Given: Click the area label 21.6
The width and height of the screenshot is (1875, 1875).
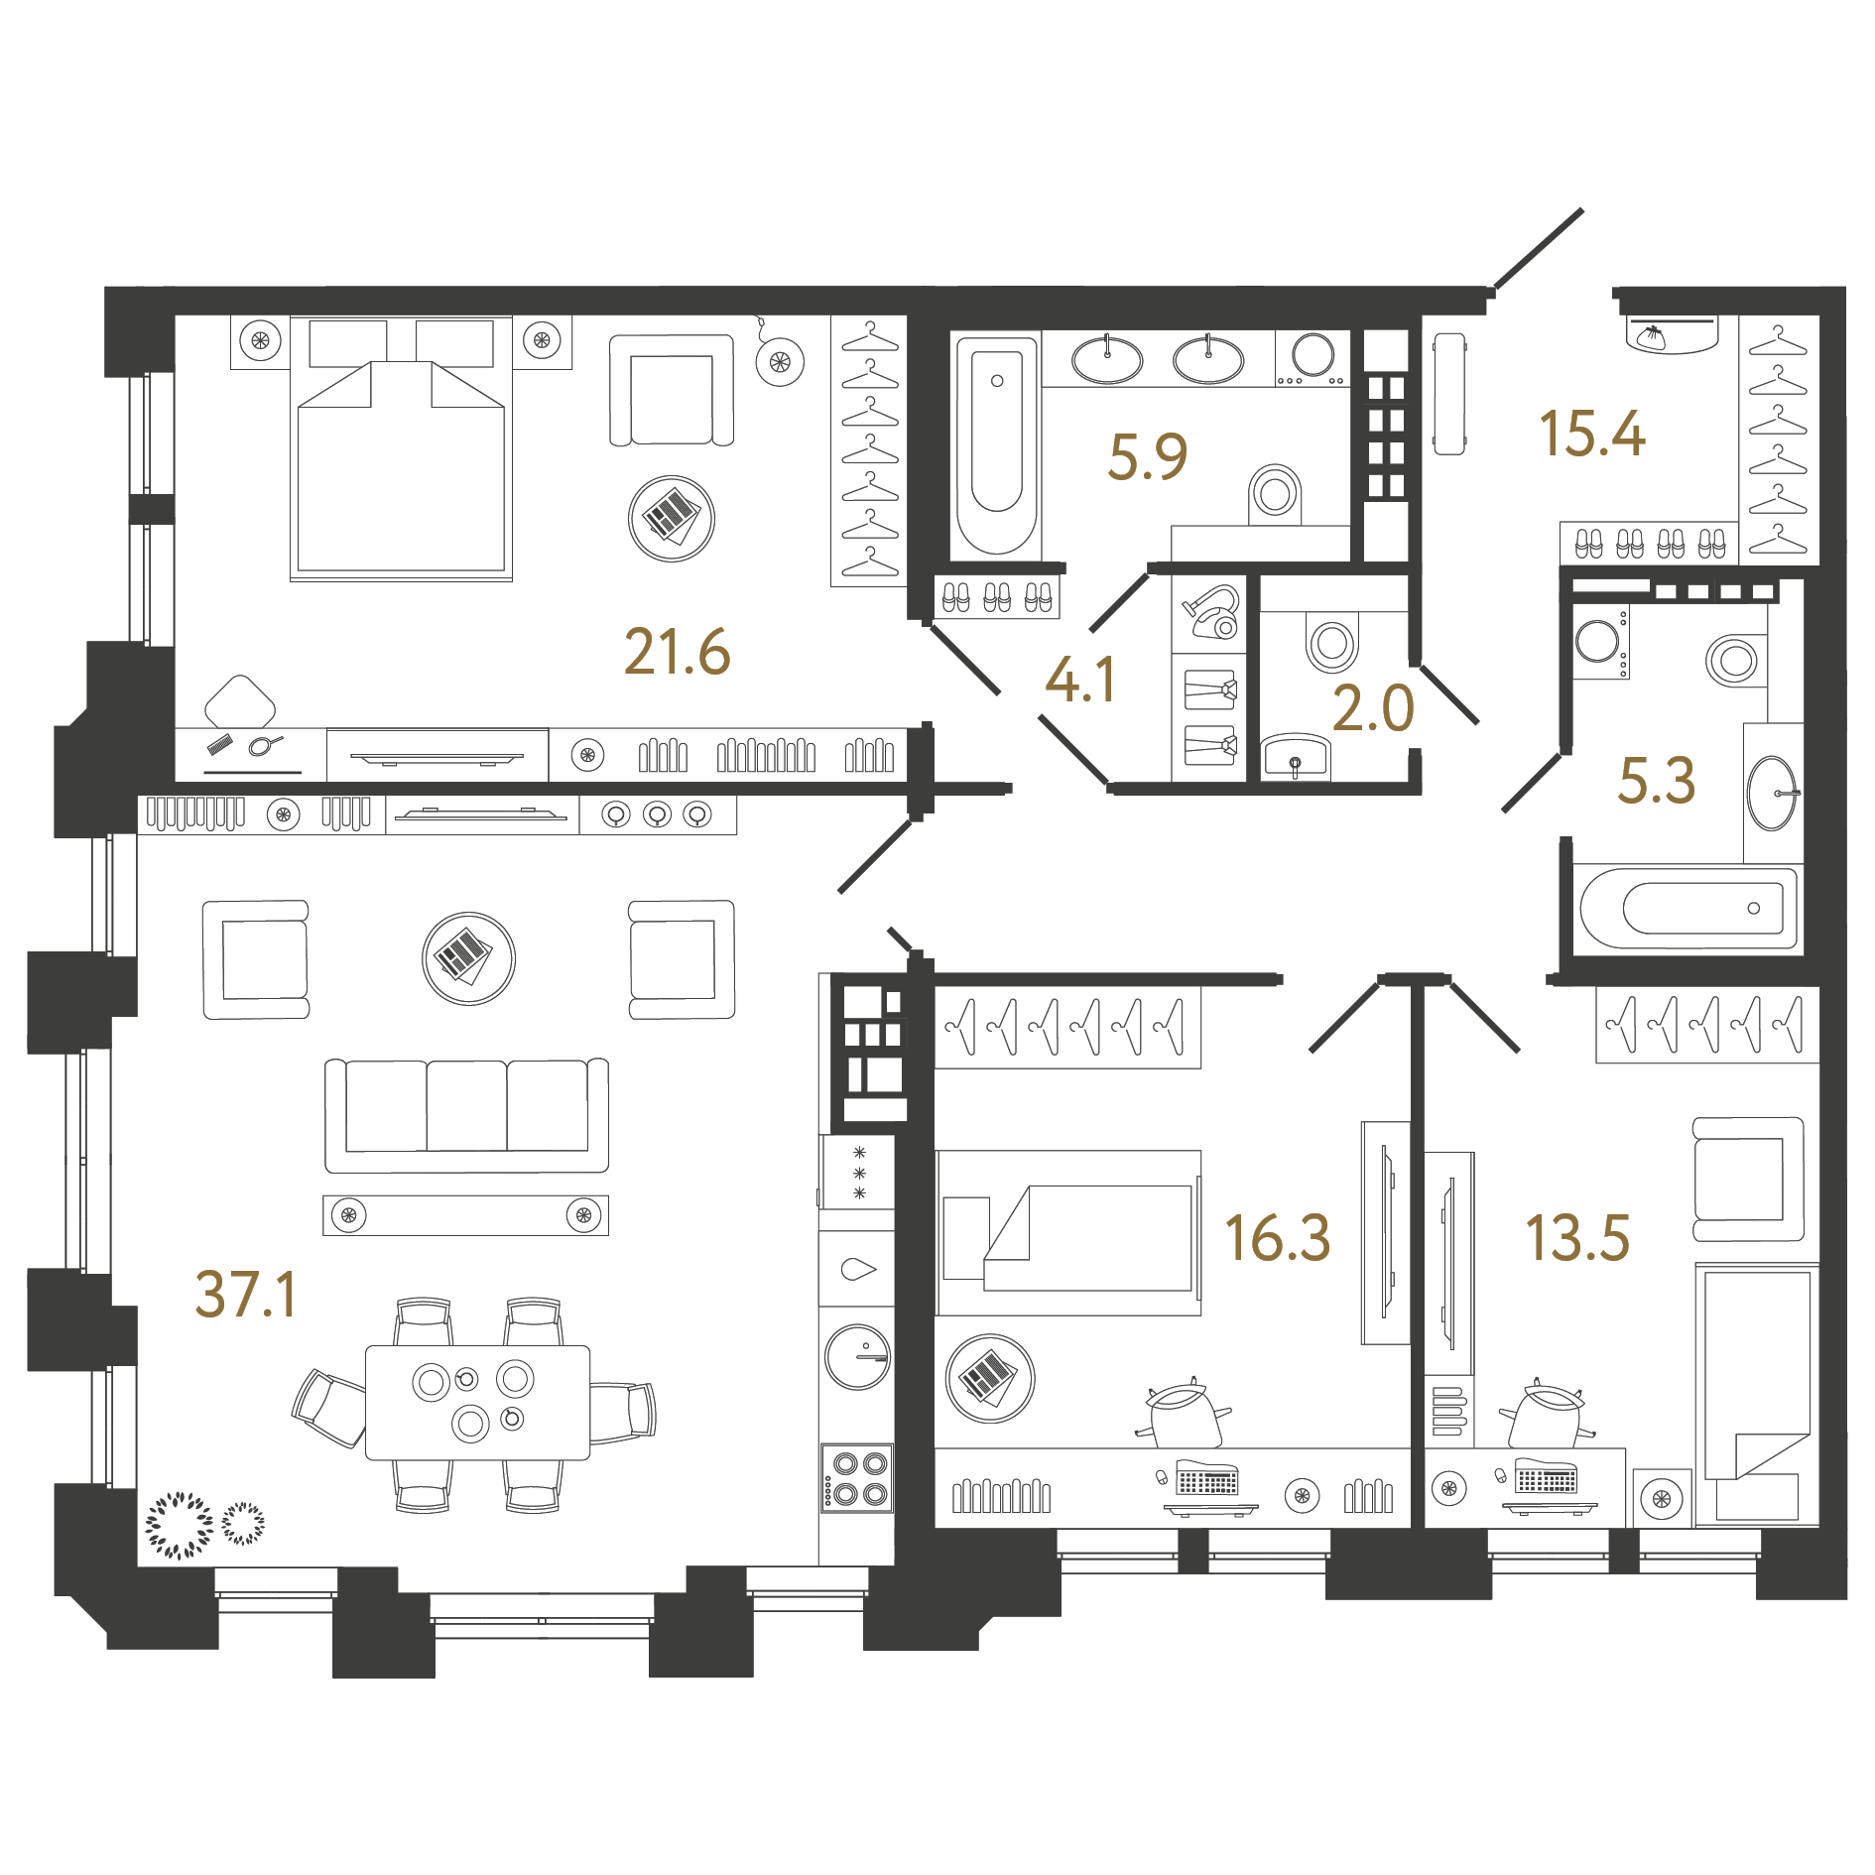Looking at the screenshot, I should point(677,652).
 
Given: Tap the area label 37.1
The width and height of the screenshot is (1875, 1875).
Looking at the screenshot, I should point(245,1295).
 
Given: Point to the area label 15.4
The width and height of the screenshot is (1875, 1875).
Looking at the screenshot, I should point(1591,434).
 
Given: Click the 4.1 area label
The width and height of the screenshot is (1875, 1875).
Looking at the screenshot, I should point(1080,681).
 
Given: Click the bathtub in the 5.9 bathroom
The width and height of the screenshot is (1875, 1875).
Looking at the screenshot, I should point(996,443).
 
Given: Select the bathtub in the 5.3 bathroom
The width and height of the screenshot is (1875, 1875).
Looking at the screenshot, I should point(1688,908).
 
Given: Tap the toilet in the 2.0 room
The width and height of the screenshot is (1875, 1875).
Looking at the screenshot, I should point(1331,642).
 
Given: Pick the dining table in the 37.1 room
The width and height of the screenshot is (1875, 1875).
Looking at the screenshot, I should point(477,1402).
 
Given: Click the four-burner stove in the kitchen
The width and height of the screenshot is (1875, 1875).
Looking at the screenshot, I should point(858,1477).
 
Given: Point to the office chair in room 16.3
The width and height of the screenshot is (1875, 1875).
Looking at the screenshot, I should point(1185,1414).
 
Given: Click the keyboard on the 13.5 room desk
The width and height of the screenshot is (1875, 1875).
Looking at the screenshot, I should point(1546,1479).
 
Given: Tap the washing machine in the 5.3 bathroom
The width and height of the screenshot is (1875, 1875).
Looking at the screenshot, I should point(1599,642).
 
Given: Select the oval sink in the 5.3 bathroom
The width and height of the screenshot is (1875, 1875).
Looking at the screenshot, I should point(1772,793).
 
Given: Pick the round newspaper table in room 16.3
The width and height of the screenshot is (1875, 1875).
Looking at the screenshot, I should point(989,1377).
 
